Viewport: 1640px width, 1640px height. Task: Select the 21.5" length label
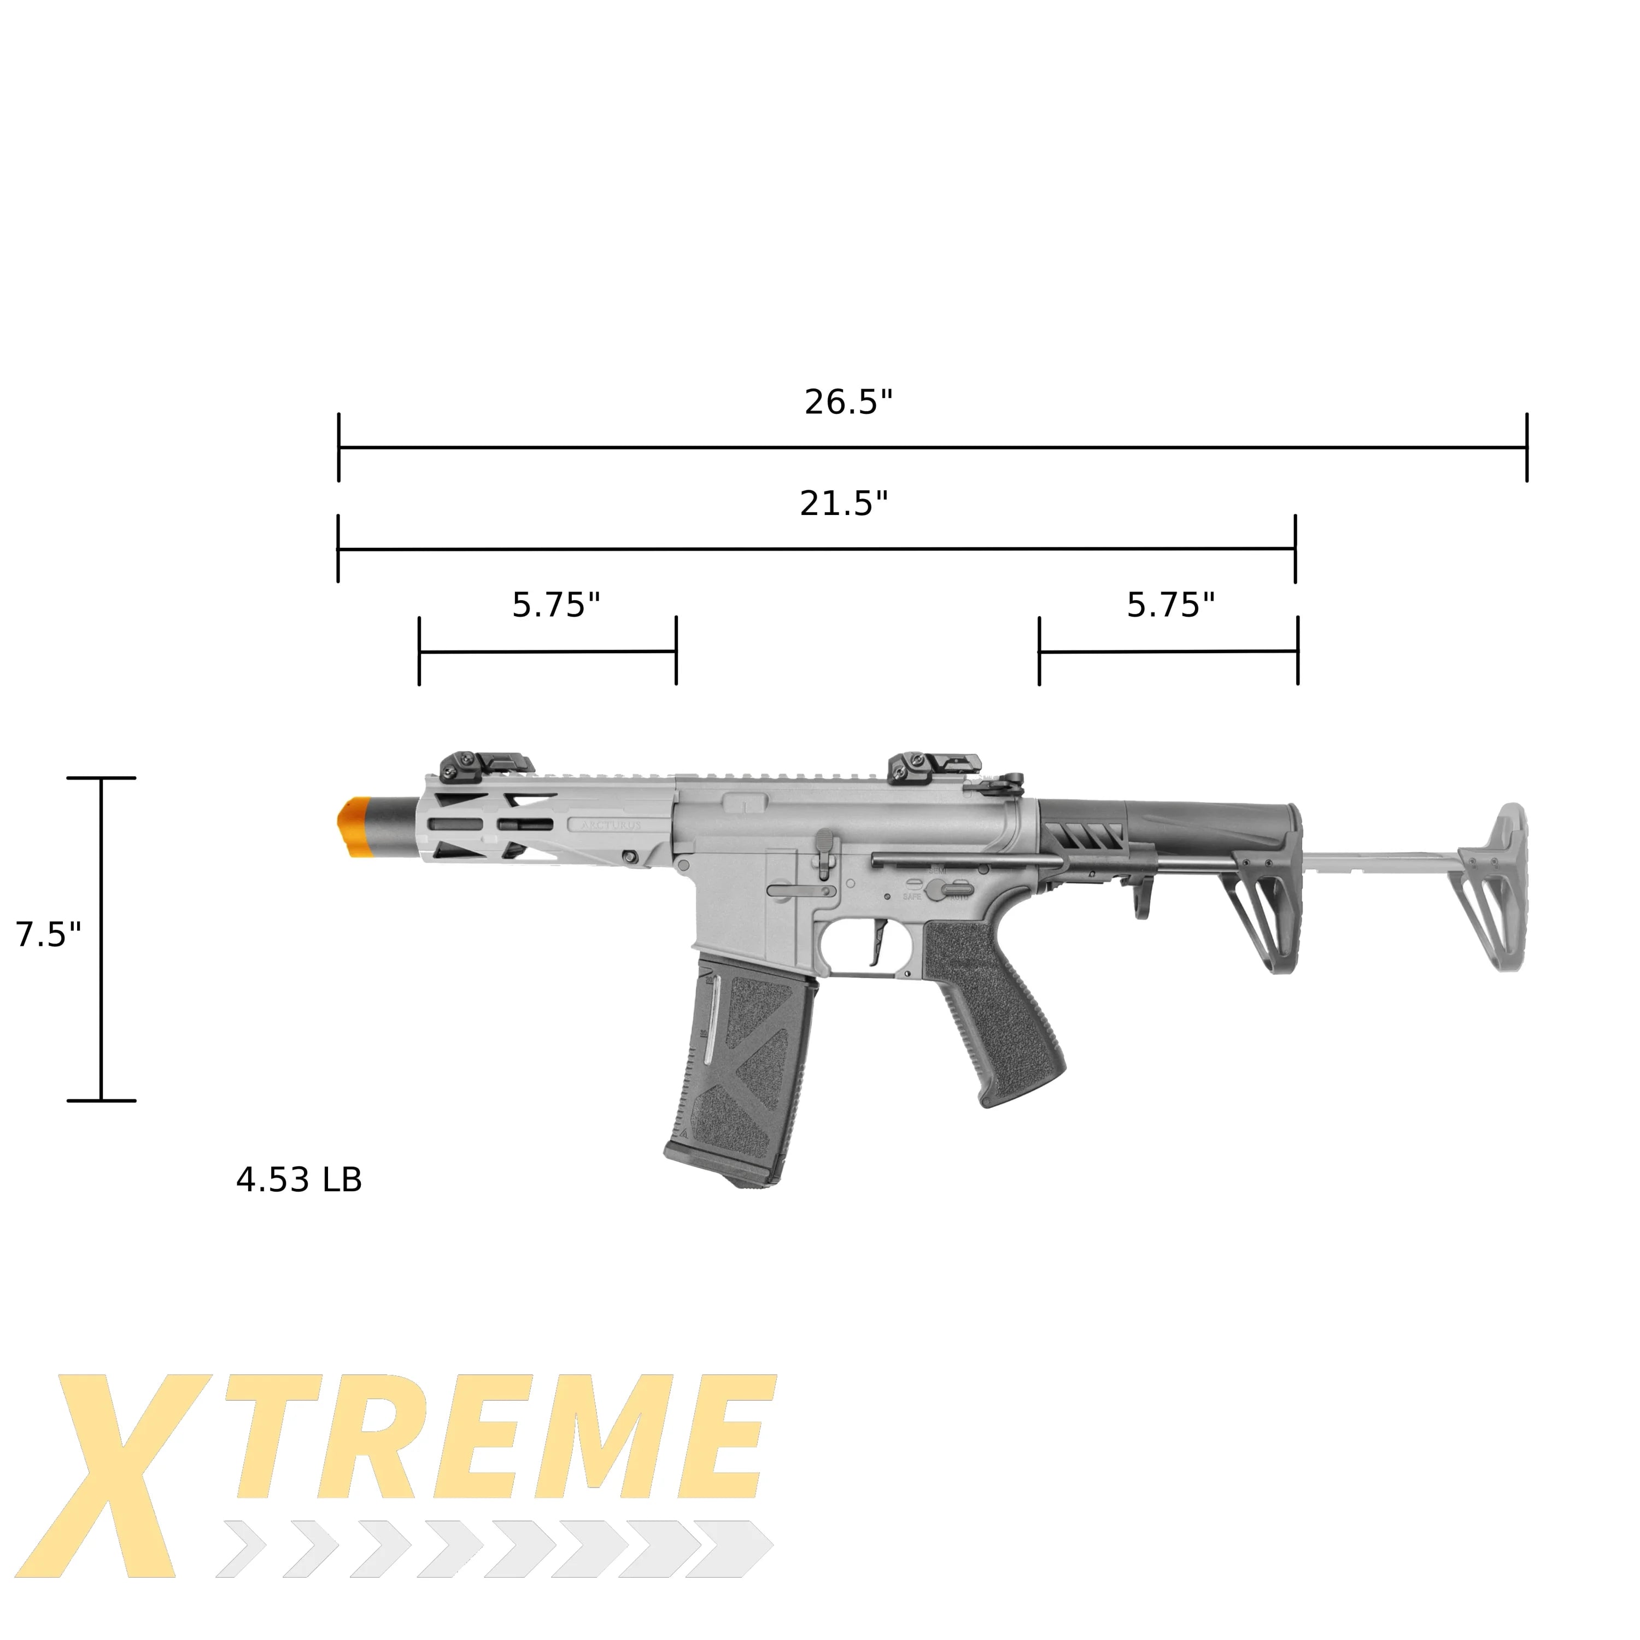tap(843, 503)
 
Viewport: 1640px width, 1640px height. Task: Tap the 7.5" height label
tap(49, 935)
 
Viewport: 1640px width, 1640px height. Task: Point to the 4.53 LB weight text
tap(299, 1180)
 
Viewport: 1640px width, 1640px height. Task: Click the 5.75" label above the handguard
tap(556, 605)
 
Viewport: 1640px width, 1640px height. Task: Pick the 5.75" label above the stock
tap(1170, 605)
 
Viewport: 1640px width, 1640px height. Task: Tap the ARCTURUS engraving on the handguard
tap(611, 824)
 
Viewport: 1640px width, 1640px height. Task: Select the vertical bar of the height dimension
tap(102, 938)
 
